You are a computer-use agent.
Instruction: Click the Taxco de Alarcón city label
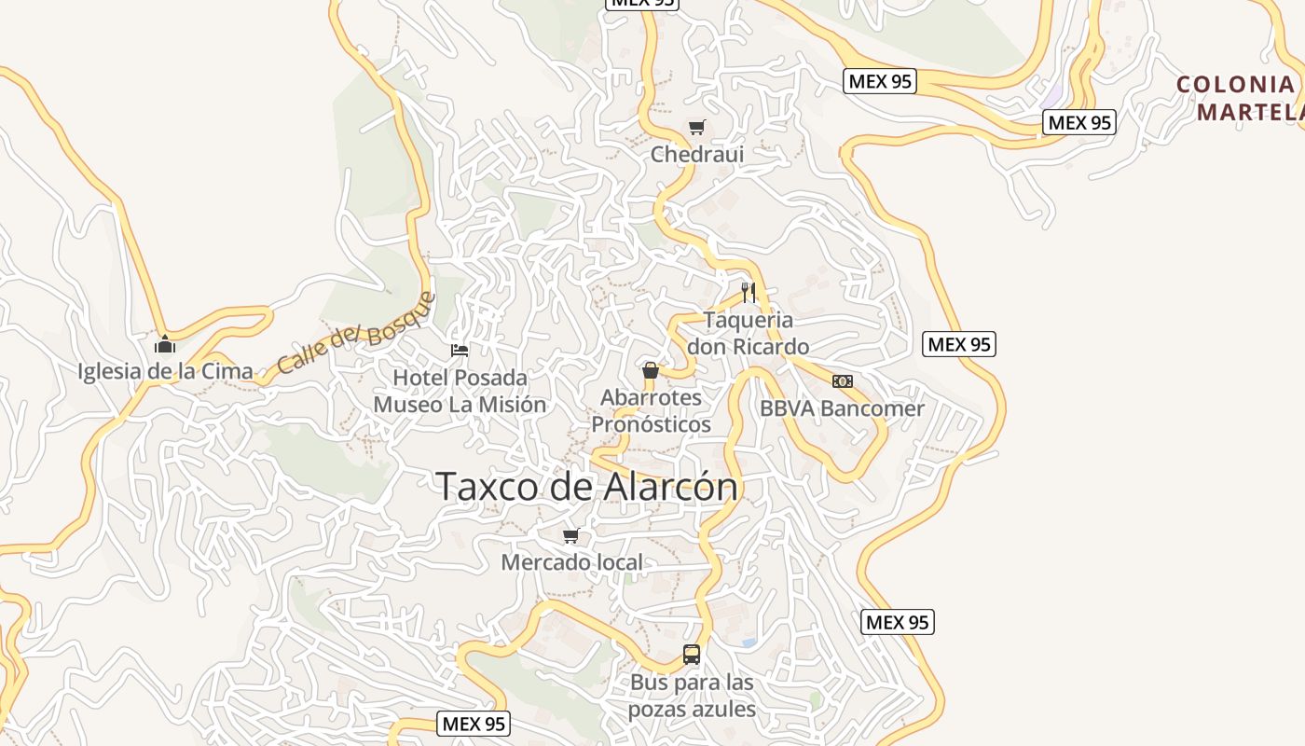click(586, 487)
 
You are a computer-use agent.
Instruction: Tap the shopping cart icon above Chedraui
click(697, 127)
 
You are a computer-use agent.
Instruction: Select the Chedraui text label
click(697, 154)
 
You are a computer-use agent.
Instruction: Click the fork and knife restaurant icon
click(748, 292)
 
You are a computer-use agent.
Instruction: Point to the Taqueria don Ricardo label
click(748, 333)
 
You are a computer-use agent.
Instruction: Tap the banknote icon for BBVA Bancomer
click(843, 381)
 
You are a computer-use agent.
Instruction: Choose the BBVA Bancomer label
click(842, 408)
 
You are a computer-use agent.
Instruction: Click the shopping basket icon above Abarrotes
click(651, 370)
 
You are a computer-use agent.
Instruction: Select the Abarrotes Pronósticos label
click(651, 410)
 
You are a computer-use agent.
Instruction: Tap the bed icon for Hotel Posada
click(460, 351)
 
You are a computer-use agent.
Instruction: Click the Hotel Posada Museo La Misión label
click(460, 391)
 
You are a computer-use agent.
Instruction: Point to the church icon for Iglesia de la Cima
click(165, 344)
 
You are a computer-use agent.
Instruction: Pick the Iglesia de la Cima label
click(165, 371)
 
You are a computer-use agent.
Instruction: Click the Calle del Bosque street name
click(356, 333)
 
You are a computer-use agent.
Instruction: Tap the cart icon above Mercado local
click(571, 535)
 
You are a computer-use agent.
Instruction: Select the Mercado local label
click(571, 562)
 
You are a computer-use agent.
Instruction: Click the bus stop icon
click(692, 655)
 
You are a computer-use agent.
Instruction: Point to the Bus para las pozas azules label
click(692, 696)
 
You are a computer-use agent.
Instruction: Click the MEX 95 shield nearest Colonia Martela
click(1079, 122)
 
